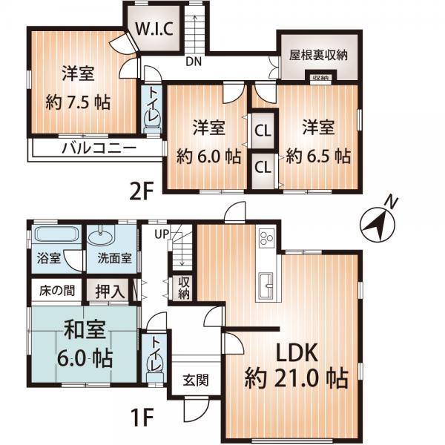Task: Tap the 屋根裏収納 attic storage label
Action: click(x=319, y=56)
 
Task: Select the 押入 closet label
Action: click(x=109, y=290)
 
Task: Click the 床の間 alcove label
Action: click(x=56, y=290)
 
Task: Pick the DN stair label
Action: click(x=194, y=62)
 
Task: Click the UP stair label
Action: click(x=162, y=234)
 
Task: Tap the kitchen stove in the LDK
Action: click(x=266, y=240)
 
